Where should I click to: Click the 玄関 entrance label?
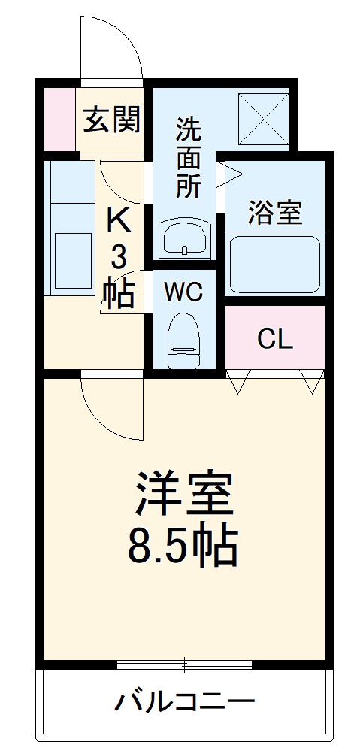(x=111, y=120)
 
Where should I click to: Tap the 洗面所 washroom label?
(x=189, y=159)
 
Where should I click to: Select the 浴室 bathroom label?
(x=274, y=213)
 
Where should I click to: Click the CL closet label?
(x=274, y=339)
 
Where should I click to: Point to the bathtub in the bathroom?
(x=274, y=265)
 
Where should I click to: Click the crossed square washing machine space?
(x=263, y=118)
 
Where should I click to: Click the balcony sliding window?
(x=183, y=664)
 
